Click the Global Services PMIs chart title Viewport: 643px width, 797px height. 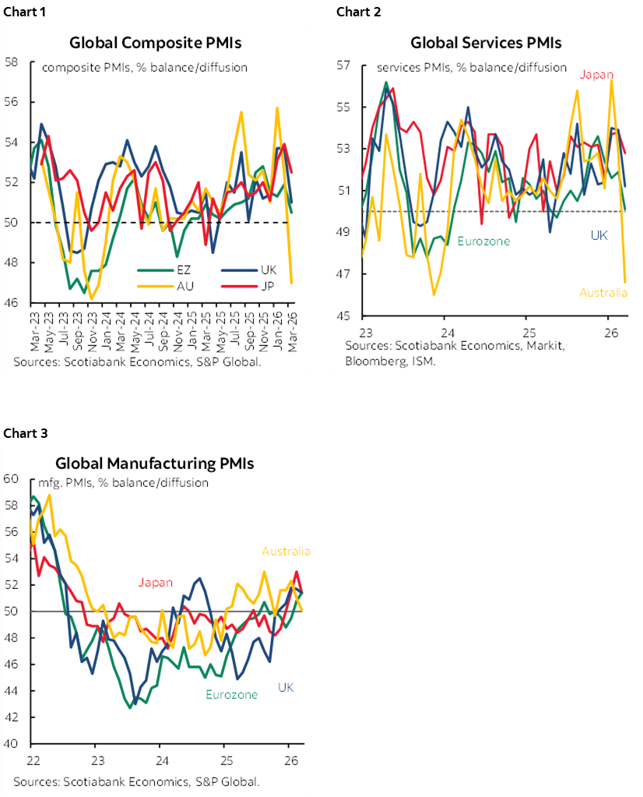pos(486,43)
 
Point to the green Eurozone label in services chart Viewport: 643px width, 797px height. pos(483,242)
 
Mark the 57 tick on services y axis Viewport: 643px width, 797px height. pos(343,65)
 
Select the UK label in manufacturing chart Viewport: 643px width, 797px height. pos(286,687)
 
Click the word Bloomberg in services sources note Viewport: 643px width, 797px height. pos(371,361)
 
